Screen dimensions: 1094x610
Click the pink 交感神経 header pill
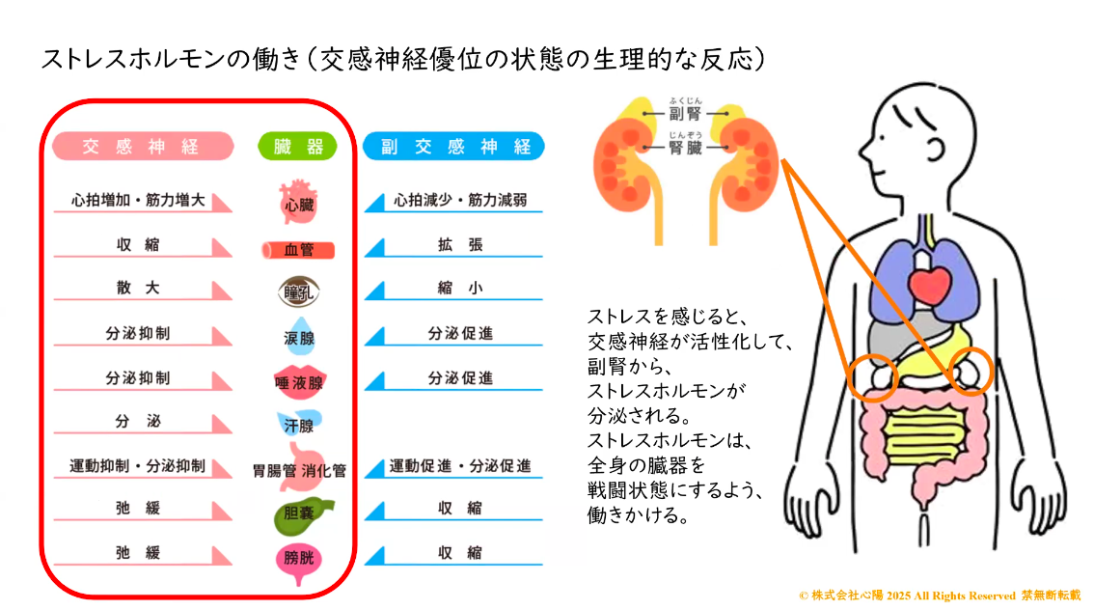point(143,147)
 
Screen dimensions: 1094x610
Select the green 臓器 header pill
point(298,147)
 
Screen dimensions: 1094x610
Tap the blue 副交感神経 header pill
point(454,147)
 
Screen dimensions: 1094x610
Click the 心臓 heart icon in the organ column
point(299,203)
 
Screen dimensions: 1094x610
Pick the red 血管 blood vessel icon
point(298,250)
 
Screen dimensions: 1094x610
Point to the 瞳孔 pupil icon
point(299,292)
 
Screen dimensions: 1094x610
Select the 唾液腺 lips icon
point(299,382)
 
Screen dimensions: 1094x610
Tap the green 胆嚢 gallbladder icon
point(302,515)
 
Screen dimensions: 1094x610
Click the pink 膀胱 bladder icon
point(299,561)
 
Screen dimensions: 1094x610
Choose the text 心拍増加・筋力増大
point(138,201)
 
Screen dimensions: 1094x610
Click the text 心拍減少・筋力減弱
point(460,201)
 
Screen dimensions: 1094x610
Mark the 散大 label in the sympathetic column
point(138,288)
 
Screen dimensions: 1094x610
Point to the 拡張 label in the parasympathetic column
point(460,244)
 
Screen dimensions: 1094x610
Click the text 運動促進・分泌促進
point(460,465)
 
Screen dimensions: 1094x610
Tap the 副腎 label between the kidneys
point(685,113)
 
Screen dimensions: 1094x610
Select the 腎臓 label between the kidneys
point(685,148)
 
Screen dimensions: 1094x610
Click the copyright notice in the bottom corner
point(940,596)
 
